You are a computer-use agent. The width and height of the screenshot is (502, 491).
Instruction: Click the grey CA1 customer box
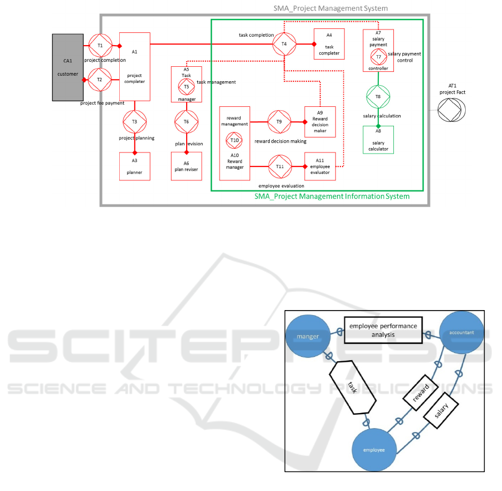[68, 67]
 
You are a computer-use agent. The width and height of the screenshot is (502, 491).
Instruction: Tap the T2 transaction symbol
[100, 80]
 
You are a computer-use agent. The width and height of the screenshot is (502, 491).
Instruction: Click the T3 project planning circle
[134, 121]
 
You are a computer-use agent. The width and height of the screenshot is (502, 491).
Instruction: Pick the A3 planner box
[135, 166]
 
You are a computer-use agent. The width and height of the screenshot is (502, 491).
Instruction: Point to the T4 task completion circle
[284, 43]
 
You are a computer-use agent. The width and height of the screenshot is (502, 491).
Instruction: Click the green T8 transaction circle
[378, 96]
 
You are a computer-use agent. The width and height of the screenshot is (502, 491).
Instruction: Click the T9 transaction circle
[279, 121]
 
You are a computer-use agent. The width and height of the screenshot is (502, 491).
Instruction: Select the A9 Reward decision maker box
[320, 121]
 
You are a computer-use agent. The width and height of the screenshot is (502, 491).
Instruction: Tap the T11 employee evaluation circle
[280, 166]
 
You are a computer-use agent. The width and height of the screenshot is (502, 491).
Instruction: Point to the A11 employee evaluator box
[320, 166]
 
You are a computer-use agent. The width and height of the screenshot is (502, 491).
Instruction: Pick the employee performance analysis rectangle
[383, 330]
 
